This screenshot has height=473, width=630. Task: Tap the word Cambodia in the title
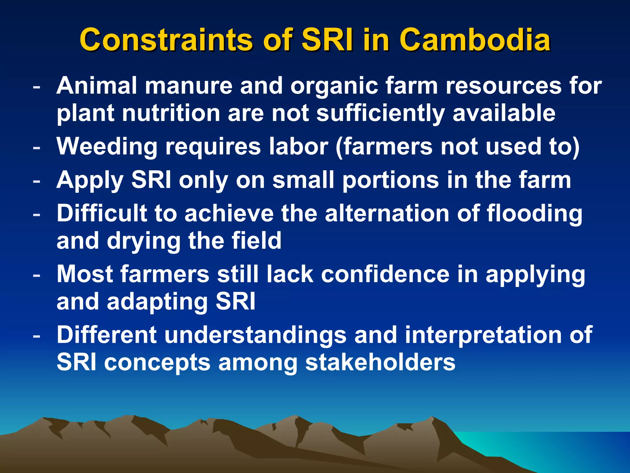click(x=475, y=40)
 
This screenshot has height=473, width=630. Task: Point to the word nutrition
click(x=171, y=113)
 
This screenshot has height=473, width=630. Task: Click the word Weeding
click(x=107, y=147)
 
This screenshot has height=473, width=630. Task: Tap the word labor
click(x=298, y=146)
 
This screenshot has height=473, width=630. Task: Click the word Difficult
click(x=102, y=213)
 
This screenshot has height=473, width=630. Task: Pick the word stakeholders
click(x=380, y=362)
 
